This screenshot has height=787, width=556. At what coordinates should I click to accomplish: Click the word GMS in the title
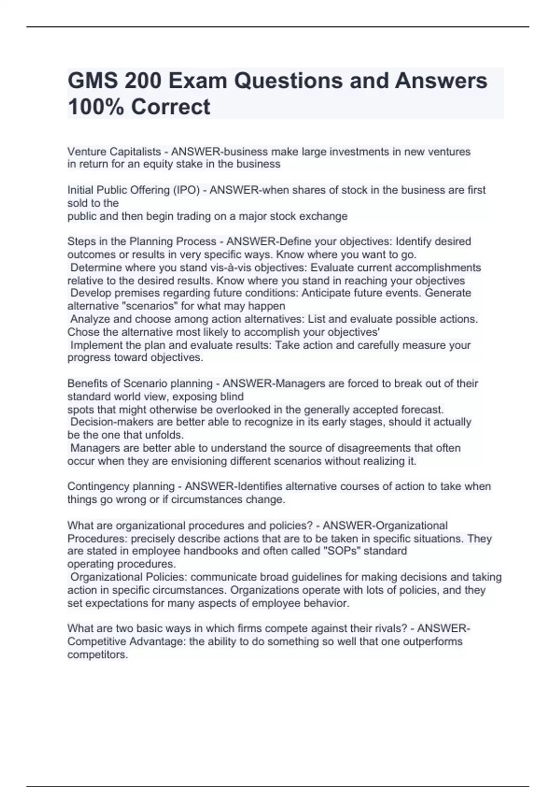point(92,81)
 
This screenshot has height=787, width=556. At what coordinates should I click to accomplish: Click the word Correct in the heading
point(171,107)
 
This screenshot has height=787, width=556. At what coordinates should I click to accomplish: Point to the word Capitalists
point(135,151)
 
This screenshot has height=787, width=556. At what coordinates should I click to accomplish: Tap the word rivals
point(392,628)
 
